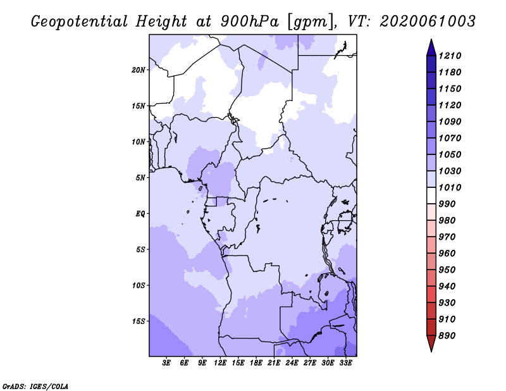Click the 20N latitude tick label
tap(139, 70)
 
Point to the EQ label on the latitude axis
tap(140, 214)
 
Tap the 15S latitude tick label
tap(139, 321)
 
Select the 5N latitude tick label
tap(140, 178)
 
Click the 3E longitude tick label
tap(166, 363)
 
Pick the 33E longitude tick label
tap(345, 363)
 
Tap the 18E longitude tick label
tap(256, 363)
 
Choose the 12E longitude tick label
tap(220, 363)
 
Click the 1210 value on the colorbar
tap(450, 56)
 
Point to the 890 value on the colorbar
tap(447, 336)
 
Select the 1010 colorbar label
tap(450, 187)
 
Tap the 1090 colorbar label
tap(450, 121)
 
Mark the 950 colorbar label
tap(447, 270)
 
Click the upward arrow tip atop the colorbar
tap(431, 39)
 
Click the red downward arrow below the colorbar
tap(431, 344)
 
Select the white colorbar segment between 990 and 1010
tap(431, 195)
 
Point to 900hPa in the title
tap(249, 22)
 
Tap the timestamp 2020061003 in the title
tap(428, 21)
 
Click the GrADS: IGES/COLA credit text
tap(35, 387)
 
